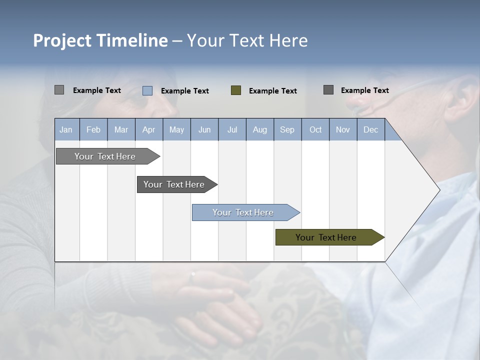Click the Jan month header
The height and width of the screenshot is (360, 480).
pyautogui.click(x=66, y=130)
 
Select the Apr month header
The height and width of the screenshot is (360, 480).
pyautogui.click(x=149, y=130)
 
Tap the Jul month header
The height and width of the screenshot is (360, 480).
pyautogui.click(x=232, y=130)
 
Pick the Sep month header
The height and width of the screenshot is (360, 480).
pyautogui.click(x=287, y=130)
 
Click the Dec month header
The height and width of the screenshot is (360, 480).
pyautogui.click(x=370, y=130)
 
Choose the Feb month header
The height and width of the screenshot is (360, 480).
pyautogui.click(x=93, y=130)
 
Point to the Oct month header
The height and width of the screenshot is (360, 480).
pyautogui.click(x=315, y=130)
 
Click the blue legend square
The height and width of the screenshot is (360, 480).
pyautogui.click(x=147, y=90)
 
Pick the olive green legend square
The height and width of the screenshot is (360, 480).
pyautogui.click(x=236, y=90)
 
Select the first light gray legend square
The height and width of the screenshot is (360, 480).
pyautogui.click(x=59, y=90)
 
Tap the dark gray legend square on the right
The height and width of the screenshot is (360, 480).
pyautogui.click(x=328, y=90)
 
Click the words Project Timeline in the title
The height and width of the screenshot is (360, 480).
pyautogui.click(x=100, y=40)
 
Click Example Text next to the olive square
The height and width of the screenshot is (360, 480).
pyautogui.click(x=272, y=91)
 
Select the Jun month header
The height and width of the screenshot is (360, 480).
pyautogui.click(x=204, y=130)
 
